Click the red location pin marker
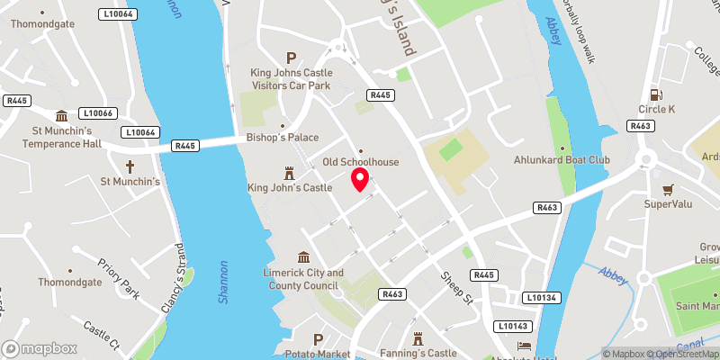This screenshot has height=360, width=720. pos(360,178)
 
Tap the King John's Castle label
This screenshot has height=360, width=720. pos(290,188)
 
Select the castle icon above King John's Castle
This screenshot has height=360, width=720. pos(290,171)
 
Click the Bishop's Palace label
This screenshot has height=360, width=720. pos(283,138)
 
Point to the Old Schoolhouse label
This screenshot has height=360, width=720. pos(360,162)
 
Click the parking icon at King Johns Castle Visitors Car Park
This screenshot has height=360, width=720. pos(291,57)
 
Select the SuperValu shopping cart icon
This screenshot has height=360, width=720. pos(668,189)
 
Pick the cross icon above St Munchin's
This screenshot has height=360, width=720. pos(130,166)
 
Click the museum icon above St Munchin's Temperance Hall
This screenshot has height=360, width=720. pos(61,116)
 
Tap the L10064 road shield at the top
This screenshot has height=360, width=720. pos(118,13)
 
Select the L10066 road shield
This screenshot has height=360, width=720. pos(96,113)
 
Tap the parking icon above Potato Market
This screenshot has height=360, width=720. pos(317,339)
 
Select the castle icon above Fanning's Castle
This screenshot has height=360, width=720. pos(418,338)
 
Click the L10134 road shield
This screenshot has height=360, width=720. pos(538,297)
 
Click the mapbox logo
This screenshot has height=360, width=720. pos(39,348)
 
